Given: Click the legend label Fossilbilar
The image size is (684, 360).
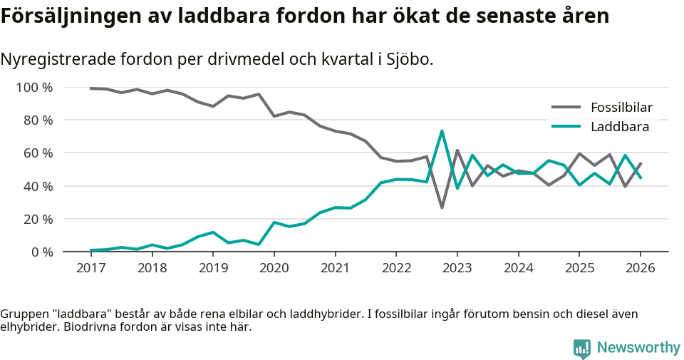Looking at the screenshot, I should tap(621, 108).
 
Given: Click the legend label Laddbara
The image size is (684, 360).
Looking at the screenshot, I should tap(619, 127).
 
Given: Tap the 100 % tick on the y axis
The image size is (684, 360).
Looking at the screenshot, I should tap(35, 88).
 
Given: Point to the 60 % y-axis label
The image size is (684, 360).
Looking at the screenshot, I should tap(38, 153).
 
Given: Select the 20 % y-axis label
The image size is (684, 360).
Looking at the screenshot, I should tap(38, 219).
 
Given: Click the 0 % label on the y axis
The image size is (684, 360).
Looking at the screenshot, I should tap(41, 252).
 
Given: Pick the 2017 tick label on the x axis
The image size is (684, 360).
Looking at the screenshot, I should tap(90, 268).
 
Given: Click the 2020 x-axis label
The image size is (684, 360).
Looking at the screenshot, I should tap(274, 268).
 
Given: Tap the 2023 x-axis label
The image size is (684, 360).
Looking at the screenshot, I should tap(457, 268).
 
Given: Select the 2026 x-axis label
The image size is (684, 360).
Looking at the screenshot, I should tap(640, 268).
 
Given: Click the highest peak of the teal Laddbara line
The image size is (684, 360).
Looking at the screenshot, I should tap(442, 131).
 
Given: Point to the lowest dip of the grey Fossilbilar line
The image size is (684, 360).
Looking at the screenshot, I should tap(442, 207).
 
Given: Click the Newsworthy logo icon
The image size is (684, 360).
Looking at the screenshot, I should tap(582, 348).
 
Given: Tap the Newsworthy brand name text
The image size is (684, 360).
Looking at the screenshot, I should tap(638, 348).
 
